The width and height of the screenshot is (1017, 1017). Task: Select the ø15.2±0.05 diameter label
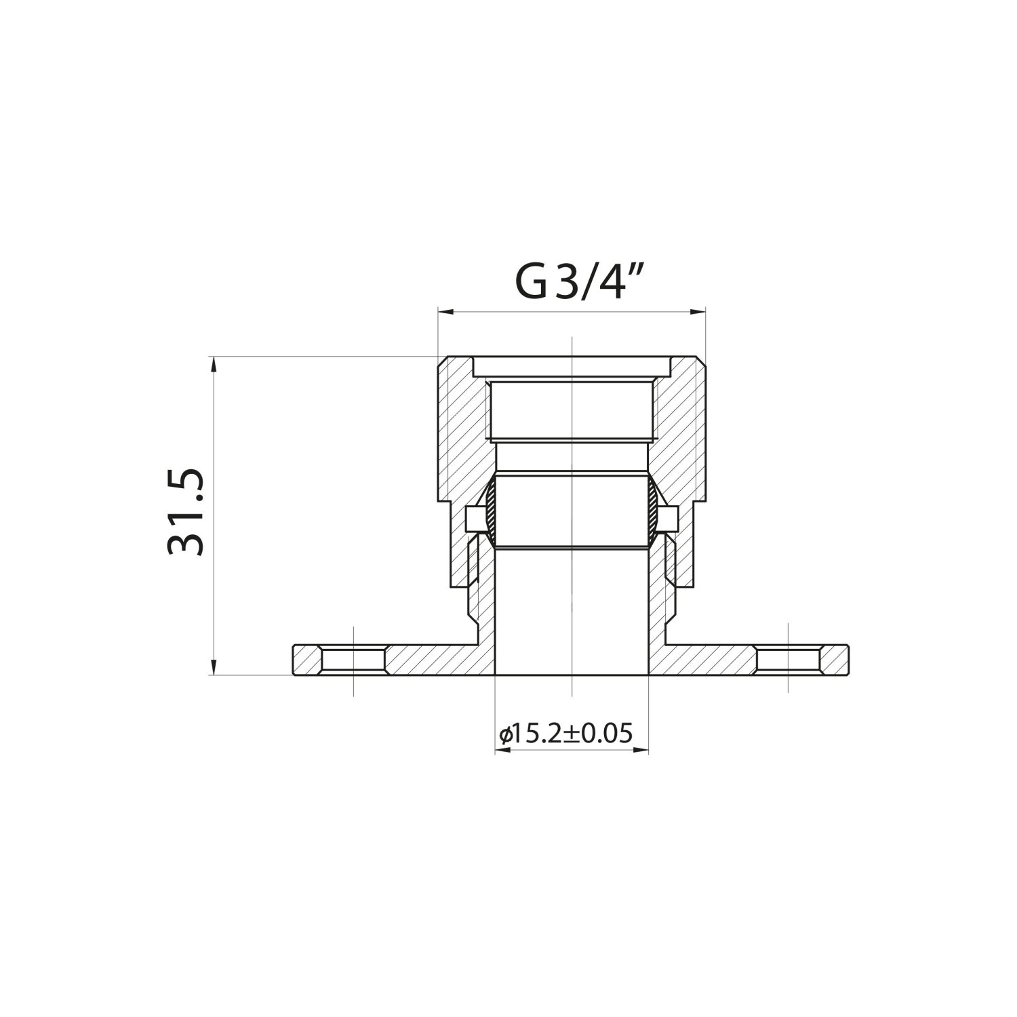pyautogui.click(x=565, y=734)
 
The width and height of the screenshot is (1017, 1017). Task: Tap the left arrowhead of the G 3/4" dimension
pyautogui.click(x=445, y=312)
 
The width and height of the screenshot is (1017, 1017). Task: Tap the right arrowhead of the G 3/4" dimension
pyautogui.click(x=699, y=312)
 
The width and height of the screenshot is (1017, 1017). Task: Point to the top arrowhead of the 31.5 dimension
pyautogui.click(x=214, y=363)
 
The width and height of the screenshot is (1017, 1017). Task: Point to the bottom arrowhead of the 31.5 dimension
pyautogui.click(x=214, y=668)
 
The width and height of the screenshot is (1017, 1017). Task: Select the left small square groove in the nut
pyautogui.click(x=474, y=519)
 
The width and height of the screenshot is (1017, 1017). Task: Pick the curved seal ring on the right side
pyautogui.click(x=652, y=510)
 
